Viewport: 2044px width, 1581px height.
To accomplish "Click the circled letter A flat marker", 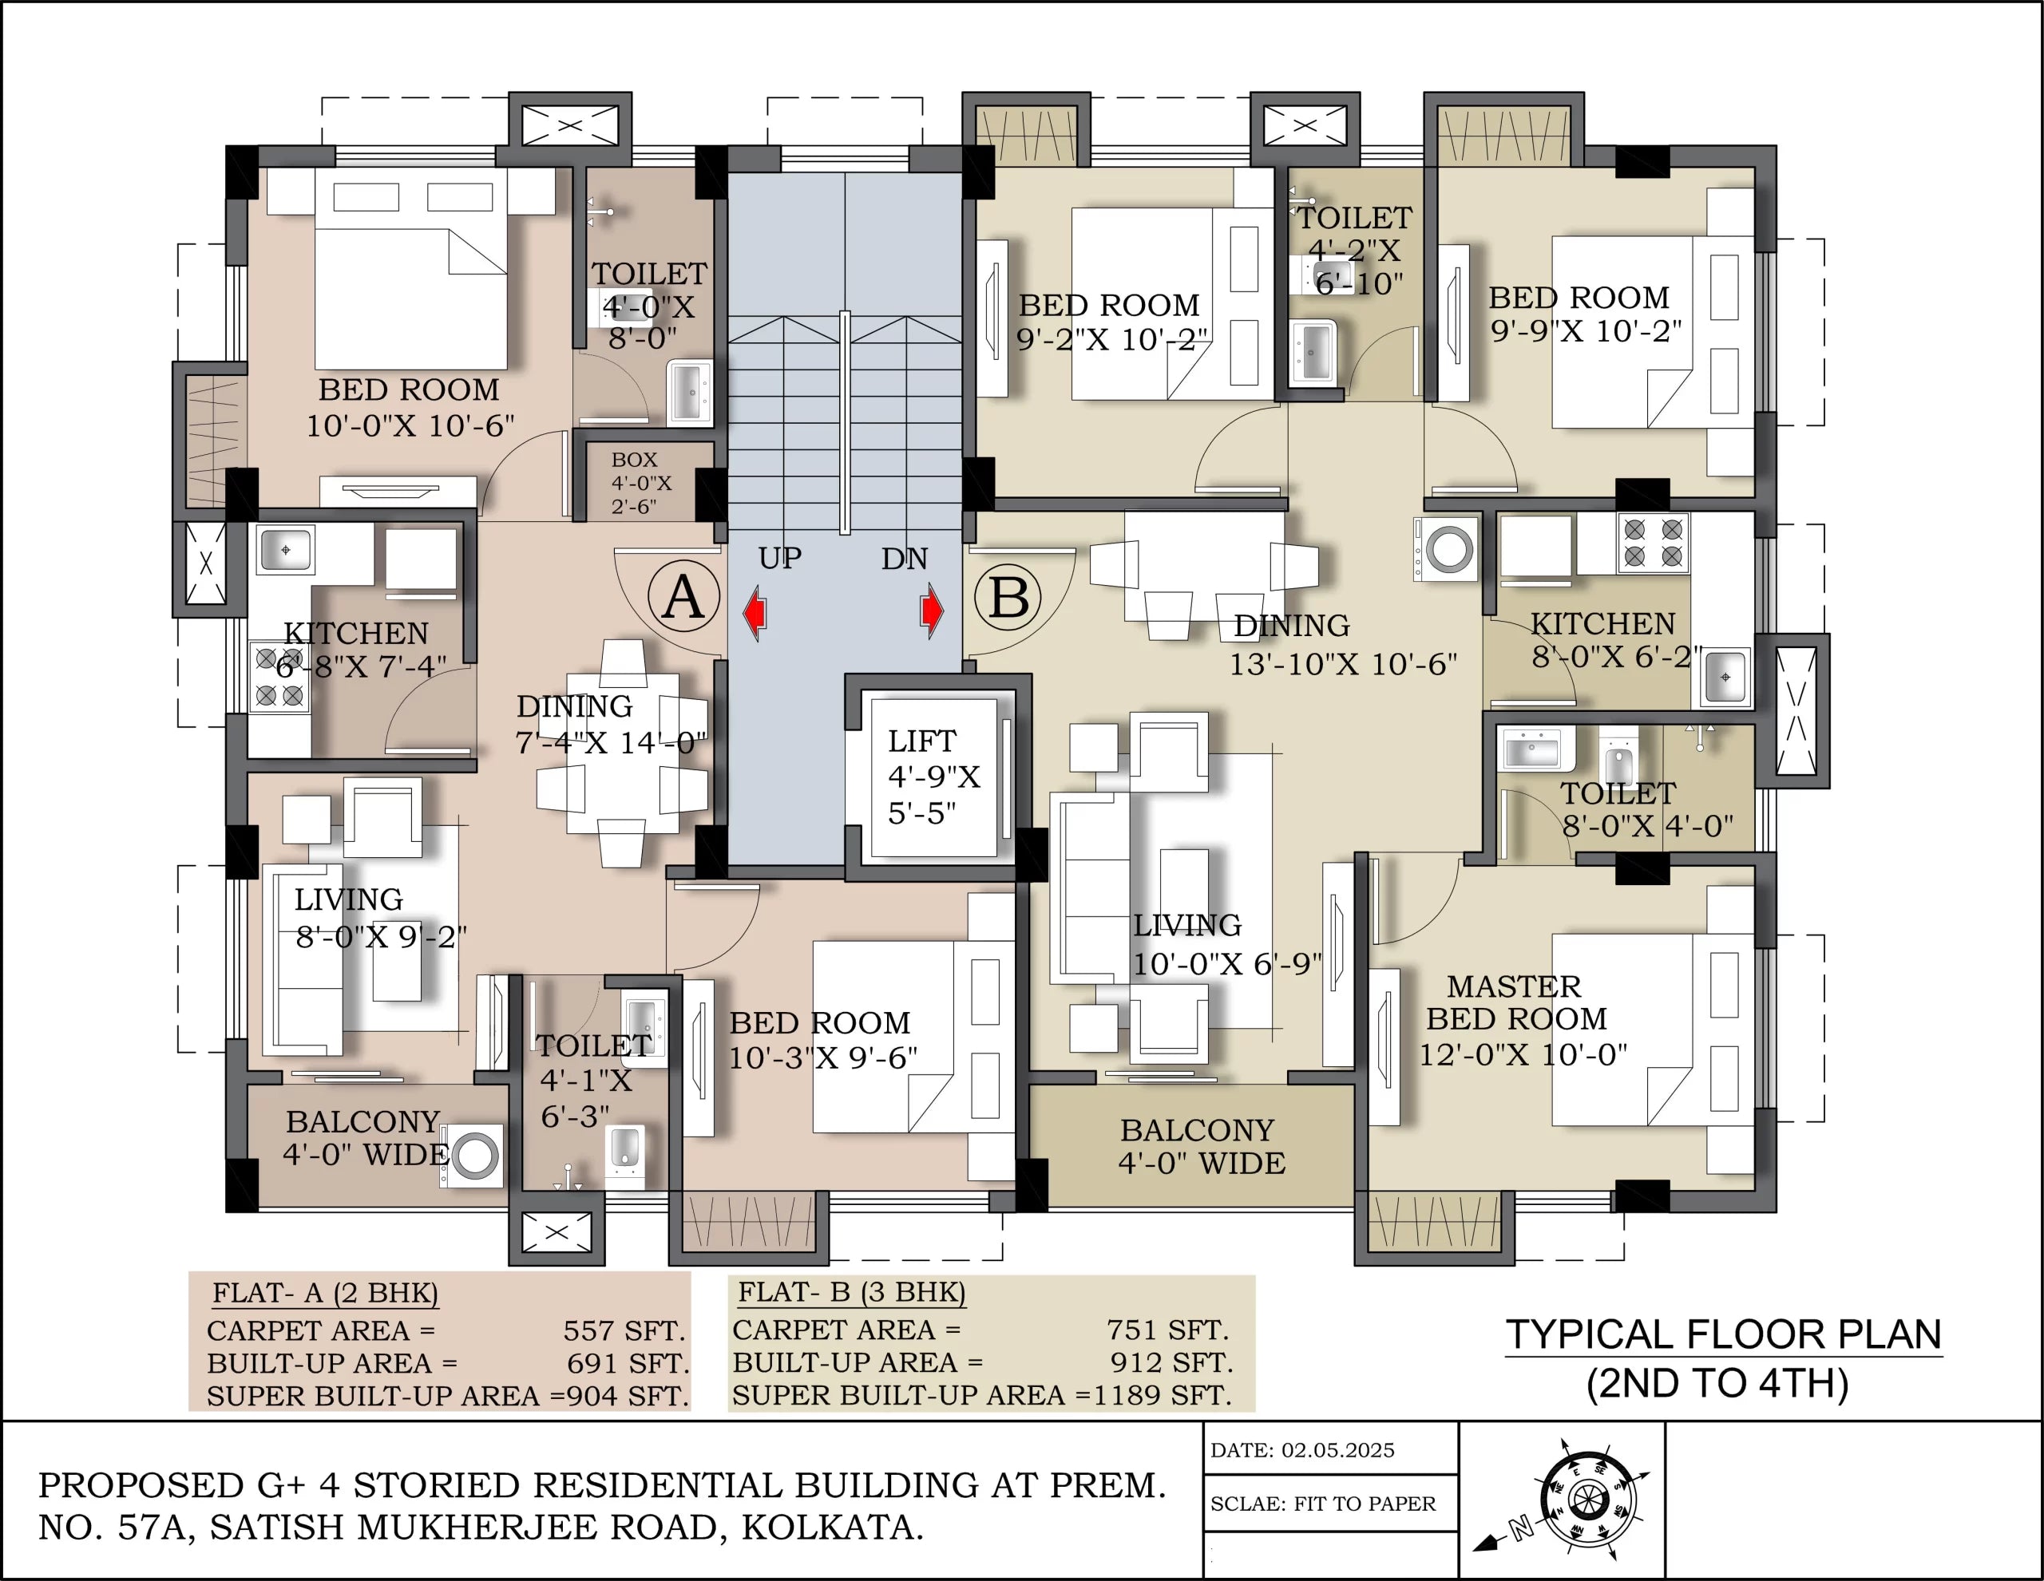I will click(683, 597).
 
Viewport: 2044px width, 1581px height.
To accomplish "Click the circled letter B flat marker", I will click(1008, 597).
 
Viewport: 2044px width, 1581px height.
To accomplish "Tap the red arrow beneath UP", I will click(755, 613).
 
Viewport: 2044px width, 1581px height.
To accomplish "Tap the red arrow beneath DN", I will click(932, 611).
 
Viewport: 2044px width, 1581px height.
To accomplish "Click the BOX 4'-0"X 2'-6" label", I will click(640, 483).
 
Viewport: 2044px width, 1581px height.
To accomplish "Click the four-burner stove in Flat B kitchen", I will click(1653, 543).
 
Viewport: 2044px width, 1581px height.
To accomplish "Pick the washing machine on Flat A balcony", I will click(474, 1156).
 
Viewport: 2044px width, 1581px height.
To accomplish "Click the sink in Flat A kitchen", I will click(284, 549).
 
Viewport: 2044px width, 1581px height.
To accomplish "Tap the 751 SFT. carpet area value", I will click(1167, 1330).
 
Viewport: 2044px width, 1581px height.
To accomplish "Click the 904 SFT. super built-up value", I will click(627, 1396).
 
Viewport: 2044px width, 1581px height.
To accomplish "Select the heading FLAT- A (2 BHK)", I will click(325, 1293).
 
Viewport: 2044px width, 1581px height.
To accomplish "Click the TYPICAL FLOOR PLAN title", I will click(1723, 1334).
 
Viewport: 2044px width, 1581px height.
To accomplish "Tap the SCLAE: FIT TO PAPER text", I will click(1321, 1504).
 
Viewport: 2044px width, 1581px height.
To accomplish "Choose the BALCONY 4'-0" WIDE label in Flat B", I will click(1200, 1147).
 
